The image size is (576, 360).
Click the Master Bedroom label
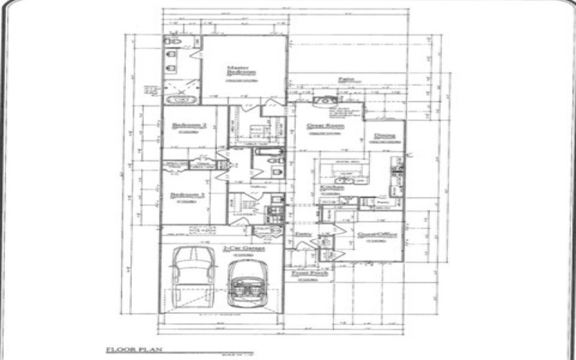241,70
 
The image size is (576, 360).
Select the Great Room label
325,125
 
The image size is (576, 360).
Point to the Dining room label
384,135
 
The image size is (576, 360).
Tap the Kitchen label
331,187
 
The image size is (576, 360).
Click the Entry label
303,235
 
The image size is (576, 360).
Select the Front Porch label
307,274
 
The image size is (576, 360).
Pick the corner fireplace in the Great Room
328,100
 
